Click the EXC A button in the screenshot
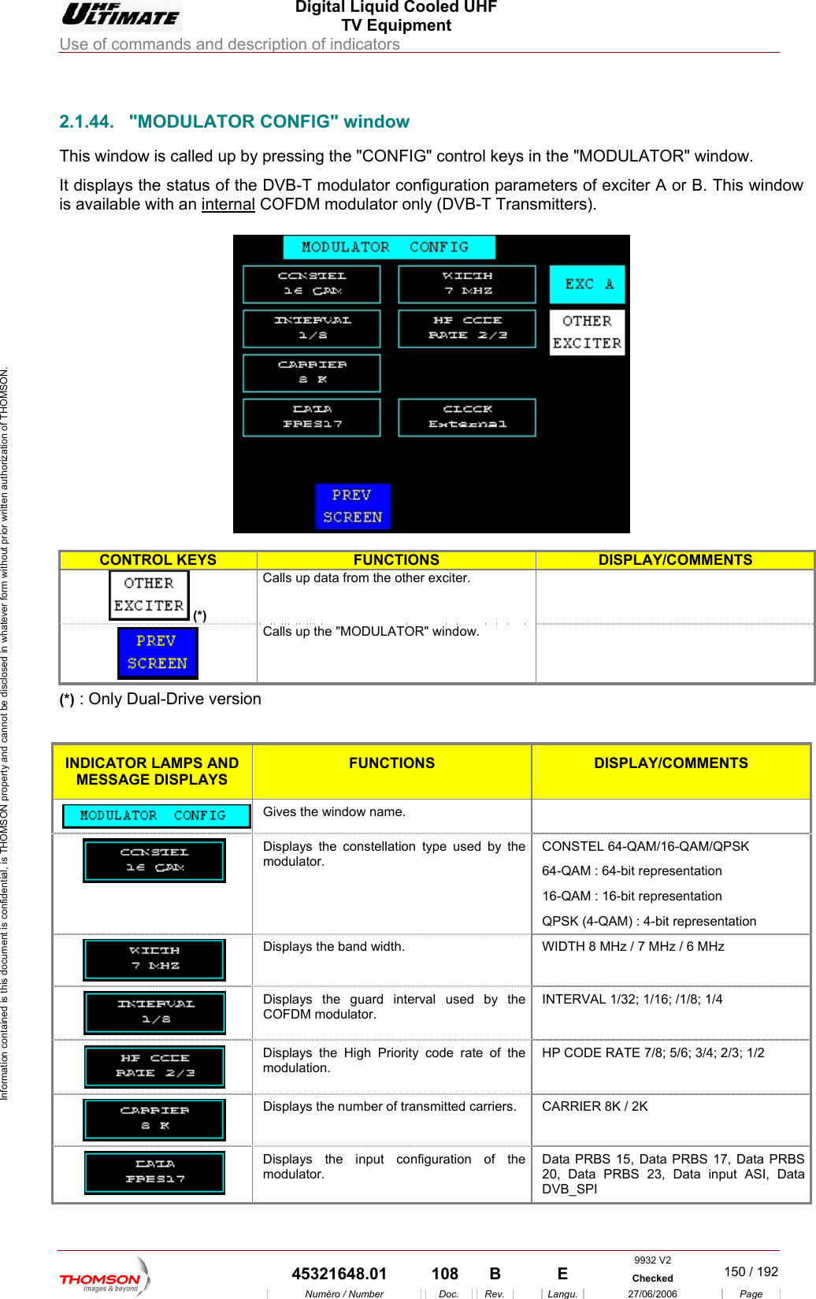(587, 284)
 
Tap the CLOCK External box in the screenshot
(467, 417)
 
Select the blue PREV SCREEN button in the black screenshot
(352, 506)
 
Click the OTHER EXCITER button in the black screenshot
(587, 332)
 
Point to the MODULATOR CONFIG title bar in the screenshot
(388, 247)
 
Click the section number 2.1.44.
(86, 122)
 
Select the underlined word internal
(228, 205)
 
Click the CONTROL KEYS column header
(158, 560)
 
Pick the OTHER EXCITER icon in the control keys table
(149, 595)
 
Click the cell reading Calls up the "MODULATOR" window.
(371, 632)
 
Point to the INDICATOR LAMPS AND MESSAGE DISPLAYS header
(152, 771)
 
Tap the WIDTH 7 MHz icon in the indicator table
(154, 959)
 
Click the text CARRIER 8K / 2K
(595, 1107)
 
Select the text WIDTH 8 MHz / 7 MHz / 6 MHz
(632, 947)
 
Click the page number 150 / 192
(751, 1271)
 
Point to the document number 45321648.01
(339, 1274)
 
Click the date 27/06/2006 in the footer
(652, 1293)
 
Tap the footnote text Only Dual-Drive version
(175, 700)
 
